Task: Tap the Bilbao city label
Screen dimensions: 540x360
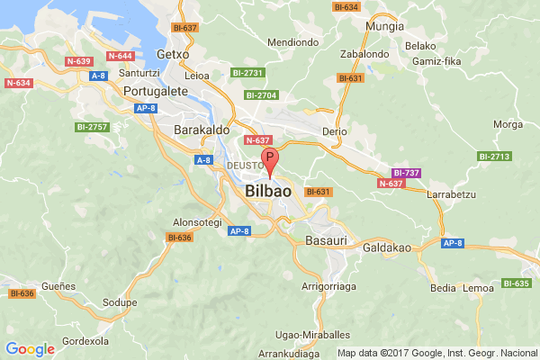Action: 268,193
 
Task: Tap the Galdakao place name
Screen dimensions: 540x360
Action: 388,244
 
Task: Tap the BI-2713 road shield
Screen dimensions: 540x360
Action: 493,157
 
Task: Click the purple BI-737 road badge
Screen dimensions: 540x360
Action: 407,172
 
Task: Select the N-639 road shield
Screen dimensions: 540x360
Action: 79,61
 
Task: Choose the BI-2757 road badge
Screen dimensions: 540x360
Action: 93,127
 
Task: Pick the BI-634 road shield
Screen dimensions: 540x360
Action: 346,7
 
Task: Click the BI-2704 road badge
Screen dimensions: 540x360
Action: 262,94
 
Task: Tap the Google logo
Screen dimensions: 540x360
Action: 30,349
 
